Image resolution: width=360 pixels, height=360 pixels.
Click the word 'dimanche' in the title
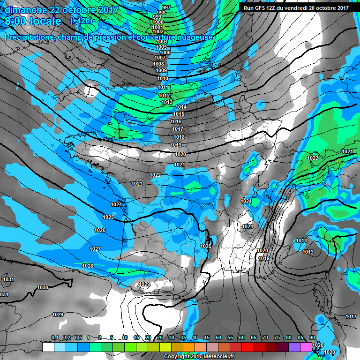coord(24,9)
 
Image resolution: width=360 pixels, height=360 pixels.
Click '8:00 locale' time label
coord(32,22)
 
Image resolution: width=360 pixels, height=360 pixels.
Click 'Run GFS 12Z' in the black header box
coord(263,8)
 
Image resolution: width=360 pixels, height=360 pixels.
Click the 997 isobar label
coord(166,8)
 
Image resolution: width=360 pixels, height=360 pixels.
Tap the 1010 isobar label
coord(163,78)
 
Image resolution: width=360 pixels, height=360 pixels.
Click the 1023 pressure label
coord(137,184)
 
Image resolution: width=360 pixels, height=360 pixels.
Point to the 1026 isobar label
coord(100,230)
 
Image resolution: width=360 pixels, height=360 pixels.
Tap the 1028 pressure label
coord(88,266)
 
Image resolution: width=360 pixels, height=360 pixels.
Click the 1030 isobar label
coord(43,287)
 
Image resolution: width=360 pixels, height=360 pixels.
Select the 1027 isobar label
coord(95,248)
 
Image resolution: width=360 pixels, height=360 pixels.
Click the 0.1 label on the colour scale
coord(55,337)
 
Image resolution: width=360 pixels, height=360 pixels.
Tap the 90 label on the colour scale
coord(312,337)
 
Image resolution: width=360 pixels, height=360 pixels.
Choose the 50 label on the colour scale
coord(218,337)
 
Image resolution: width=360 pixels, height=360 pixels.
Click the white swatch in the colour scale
coord(48,347)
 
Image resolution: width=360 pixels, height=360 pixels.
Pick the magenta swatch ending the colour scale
coord(306,347)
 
